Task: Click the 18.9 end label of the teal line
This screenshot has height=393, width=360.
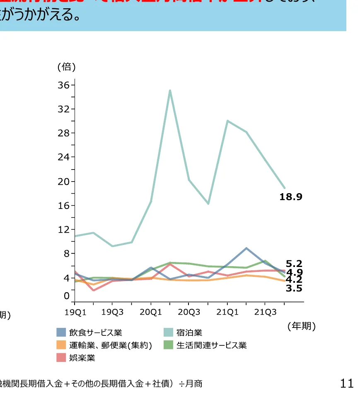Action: pyautogui.click(x=291, y=197)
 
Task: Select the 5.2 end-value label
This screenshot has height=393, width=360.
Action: pyautogui.click(x=294, y=264)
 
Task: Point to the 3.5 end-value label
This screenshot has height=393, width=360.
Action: pyautogui.click(x=294, y=288)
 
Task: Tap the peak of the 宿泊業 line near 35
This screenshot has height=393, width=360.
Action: pyautogui.click(x=170, y=90)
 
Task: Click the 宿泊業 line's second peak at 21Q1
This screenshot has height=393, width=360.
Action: pyautogui.click(x=227, y=121)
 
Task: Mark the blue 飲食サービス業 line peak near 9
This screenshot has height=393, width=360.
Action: pyautogui.click(x=246, y=248)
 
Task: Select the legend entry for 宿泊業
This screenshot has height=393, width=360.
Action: pyautogui.click(x=189, y=332)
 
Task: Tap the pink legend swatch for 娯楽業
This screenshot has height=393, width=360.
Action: pyautogui.click(x=61, y=358)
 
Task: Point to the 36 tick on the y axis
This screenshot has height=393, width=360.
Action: pyautogui.click(x=64, y=85)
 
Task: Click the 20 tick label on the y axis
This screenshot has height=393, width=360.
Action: pyautogui.click(x=64, y=182)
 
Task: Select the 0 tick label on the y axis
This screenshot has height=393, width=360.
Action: pyautogui.click(x=66, y=296)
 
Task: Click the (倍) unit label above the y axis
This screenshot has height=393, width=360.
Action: pyautogui.click(x=66, y=67)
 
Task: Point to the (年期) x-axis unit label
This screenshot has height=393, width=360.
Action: pyautogui.click(x=302, y=326)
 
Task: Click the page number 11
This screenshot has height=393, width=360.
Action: pyautogui.click(x=346, y=383)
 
